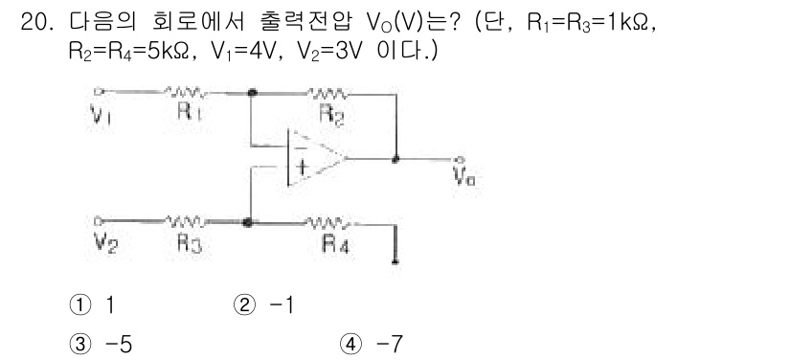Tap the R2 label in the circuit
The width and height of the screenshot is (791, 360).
[327, 111]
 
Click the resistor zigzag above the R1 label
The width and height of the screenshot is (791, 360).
[187, 93]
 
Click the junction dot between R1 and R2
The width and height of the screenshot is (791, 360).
[252, 94]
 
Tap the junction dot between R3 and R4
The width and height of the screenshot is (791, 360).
[250, 222]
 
